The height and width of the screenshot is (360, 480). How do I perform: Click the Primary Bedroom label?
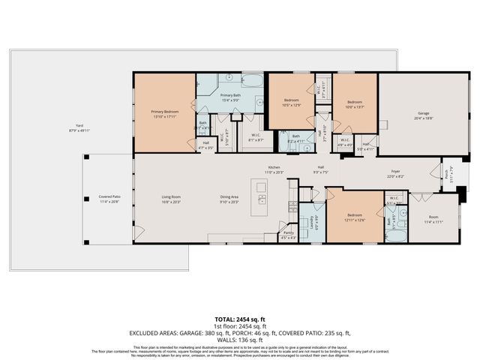point(164,112)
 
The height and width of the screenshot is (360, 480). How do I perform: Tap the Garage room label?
point(424,114)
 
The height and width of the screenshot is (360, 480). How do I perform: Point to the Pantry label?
point(288,233)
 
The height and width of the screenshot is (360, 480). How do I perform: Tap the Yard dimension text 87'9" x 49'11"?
point(79,131)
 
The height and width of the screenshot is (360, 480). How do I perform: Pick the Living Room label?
point(171,197)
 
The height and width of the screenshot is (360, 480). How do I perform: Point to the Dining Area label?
point(229,197)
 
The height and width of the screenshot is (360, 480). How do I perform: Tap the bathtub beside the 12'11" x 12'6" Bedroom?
point(394,235)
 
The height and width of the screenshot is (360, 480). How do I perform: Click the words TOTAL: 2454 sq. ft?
point(239,319)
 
